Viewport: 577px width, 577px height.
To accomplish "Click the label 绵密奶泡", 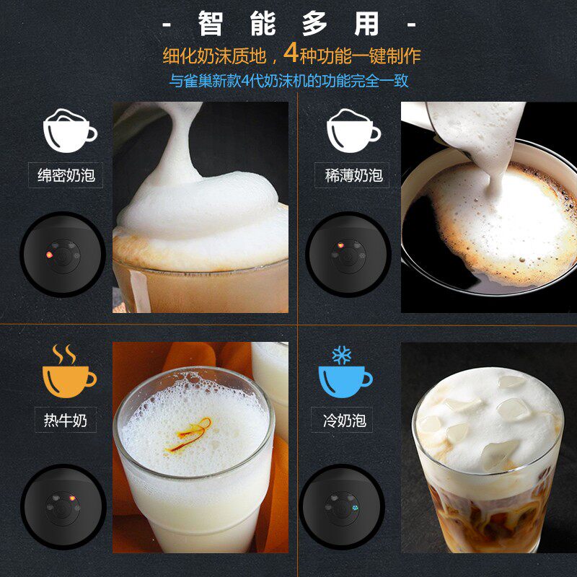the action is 66,175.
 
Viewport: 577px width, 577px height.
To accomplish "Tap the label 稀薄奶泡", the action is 353,175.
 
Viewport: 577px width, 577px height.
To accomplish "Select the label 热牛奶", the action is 66,420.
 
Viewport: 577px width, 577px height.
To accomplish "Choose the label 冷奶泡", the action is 345,420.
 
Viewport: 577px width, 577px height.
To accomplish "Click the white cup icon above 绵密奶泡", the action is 69,131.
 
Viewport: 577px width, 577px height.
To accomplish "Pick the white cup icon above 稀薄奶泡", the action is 353,131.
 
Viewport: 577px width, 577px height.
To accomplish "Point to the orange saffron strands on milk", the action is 190,434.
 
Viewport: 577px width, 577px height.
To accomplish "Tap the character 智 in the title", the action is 211,24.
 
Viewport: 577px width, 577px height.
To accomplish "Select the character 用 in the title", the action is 366,24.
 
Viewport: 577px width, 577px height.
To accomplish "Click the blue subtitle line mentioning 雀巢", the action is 289,81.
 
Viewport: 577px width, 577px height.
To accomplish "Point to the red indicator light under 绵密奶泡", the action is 49,255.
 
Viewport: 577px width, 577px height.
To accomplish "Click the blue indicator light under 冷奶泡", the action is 355,508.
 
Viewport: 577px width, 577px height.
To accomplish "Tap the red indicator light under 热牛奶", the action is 72,498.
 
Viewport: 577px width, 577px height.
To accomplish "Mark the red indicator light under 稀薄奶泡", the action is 340,245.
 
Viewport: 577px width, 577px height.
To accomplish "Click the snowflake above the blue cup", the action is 341,355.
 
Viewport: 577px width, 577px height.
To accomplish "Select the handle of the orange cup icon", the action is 91,379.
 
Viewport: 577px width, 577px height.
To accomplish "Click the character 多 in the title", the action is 314,24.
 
